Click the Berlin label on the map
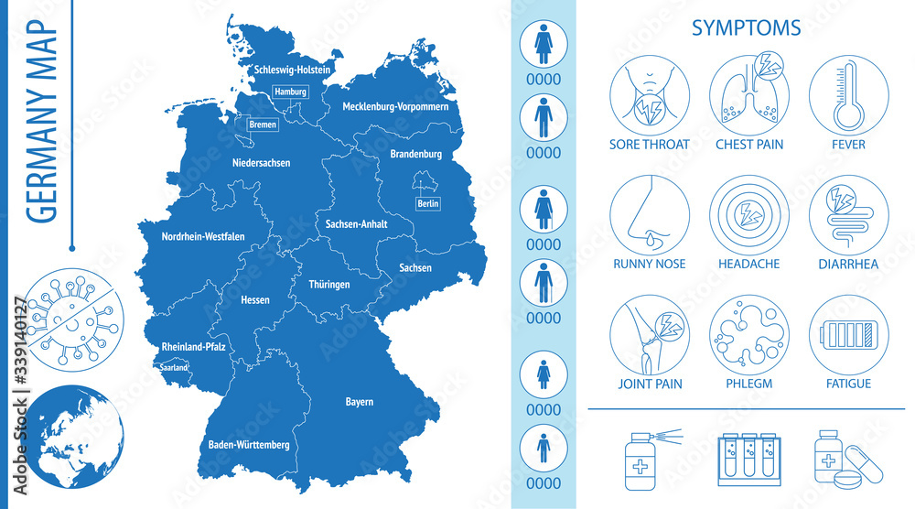[x=427, y=203]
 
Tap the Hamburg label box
[x=289, y=92]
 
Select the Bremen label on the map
[x=263, y=125]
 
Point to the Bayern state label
[x=360, y=402]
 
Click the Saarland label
[x=174, y=368]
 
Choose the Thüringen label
[x=329, y=285]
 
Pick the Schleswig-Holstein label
[x=293, y=70]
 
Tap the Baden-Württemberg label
[x=243, y=445]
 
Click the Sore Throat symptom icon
[x=650, y=95]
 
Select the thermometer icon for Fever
[x=849, y=95]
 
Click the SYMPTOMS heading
[x=746, y=28]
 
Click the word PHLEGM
[x=749, y=384]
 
